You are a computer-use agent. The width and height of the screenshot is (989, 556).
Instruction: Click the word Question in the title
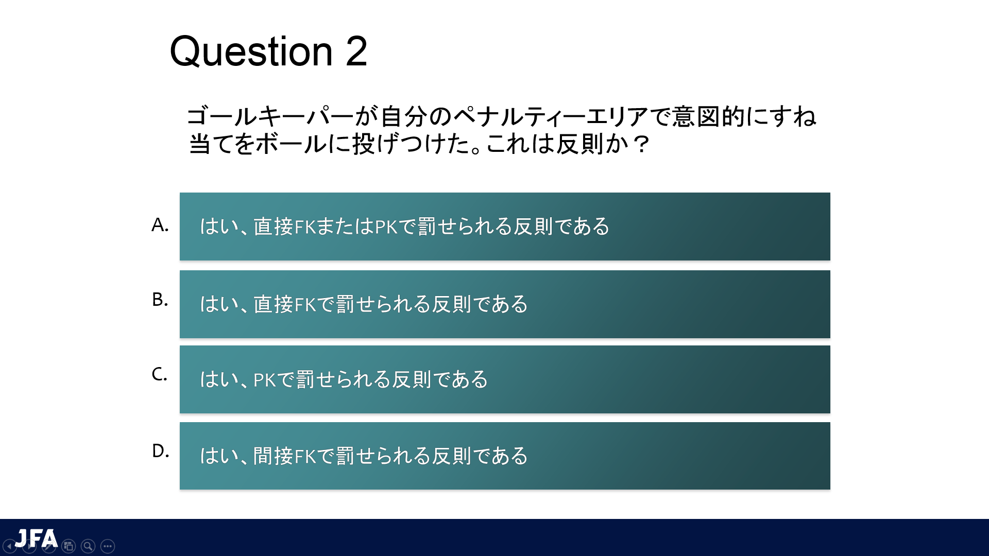point(251,52)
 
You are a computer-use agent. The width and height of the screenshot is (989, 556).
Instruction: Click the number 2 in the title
point(356,51)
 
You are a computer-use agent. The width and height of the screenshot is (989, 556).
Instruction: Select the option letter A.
point(160,225)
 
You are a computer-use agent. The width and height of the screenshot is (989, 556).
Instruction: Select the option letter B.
point(160,299)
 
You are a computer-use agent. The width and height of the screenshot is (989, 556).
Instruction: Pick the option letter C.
point(159,374)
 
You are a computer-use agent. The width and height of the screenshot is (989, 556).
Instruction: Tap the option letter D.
point(160,450)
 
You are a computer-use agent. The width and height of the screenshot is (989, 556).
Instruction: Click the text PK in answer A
point(386,227)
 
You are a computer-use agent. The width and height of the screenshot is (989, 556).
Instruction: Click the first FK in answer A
point(305,227)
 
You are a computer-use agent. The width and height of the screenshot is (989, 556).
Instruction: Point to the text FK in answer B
point(305,304)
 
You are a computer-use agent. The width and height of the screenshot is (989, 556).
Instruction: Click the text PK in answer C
point(265,379)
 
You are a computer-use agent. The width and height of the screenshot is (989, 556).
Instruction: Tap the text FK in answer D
point(305,456)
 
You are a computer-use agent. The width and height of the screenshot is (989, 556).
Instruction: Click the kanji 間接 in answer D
point(273,456)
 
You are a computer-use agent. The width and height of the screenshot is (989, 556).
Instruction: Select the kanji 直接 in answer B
point(273,304)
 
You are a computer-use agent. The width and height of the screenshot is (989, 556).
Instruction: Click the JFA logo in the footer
point(36,538)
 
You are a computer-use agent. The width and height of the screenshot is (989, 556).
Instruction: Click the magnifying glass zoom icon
point(88,546)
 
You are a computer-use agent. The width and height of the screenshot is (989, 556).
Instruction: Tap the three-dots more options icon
point(108,546)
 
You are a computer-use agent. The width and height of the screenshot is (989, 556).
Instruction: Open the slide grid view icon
point(69,546)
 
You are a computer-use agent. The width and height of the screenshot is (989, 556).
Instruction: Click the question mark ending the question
point(641,144)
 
